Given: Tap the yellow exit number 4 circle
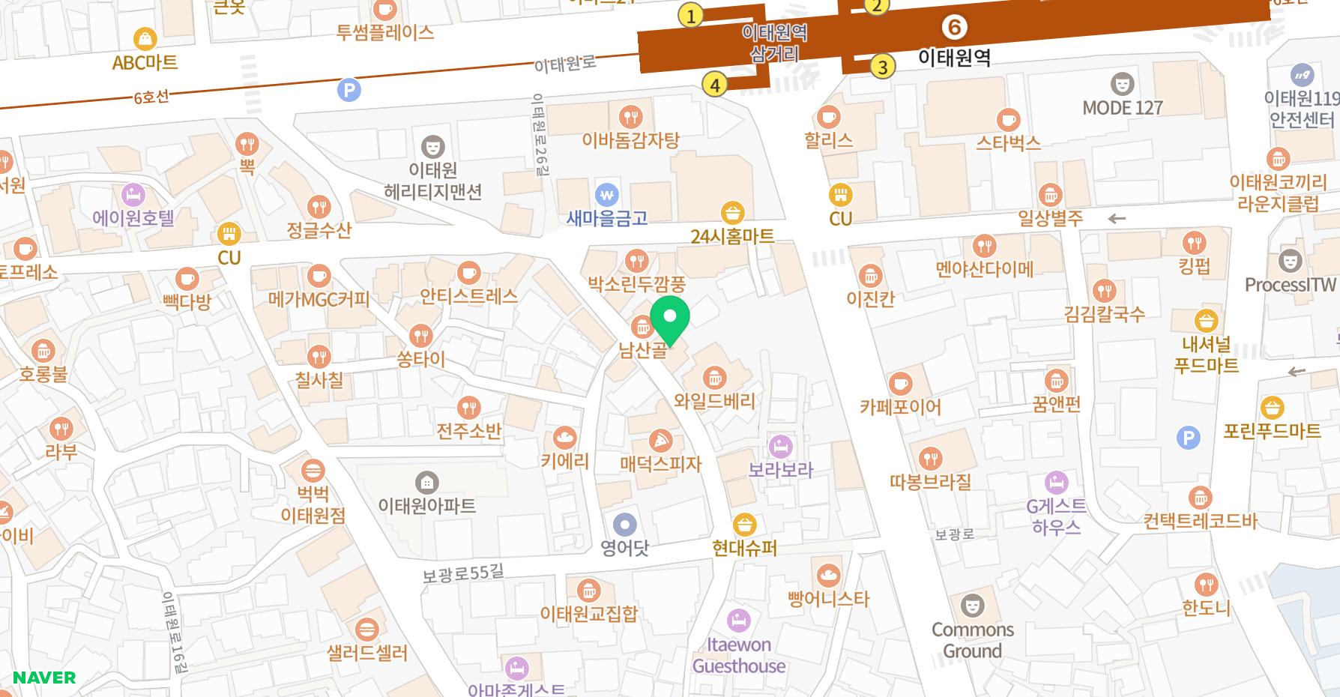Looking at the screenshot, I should [715, 85].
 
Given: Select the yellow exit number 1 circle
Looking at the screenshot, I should [690, 15].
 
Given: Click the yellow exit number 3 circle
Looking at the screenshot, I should [883, 67].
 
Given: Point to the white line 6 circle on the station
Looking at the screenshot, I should [954, 28].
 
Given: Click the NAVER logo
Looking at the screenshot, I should [44, 678].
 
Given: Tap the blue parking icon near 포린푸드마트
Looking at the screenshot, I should [1188, 438].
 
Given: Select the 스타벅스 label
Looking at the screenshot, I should [1008, 142].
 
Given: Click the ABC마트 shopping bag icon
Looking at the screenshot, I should [145, 38].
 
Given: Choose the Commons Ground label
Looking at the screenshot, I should [972, 640].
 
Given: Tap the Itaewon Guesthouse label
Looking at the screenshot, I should [739, 655].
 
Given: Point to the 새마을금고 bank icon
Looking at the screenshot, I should [607, 195].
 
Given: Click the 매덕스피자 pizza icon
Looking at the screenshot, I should [660, 440].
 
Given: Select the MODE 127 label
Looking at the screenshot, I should [1122, 108].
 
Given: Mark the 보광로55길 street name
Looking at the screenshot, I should [462, 573].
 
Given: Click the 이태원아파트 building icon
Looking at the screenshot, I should [427, 482].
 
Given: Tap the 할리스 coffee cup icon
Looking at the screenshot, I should [828, 117].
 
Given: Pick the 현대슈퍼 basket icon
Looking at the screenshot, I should [744, 524].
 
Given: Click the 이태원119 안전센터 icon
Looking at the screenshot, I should [1302, 75].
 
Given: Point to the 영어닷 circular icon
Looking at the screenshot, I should [624, 525].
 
